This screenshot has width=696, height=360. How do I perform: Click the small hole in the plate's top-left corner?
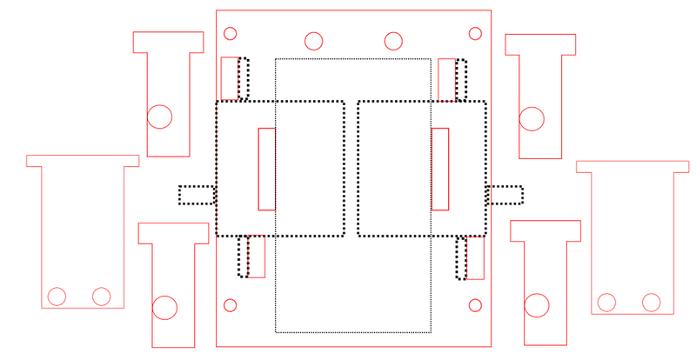pos(231,34)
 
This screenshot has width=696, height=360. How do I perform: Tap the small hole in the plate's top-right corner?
pos(475,34)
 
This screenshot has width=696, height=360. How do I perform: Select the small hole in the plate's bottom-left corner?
pos(231,305)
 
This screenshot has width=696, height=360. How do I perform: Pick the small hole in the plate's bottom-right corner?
pos(475,305)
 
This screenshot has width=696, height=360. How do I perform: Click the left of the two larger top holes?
pos(314,41)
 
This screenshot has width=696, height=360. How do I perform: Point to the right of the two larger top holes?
pos(393,41)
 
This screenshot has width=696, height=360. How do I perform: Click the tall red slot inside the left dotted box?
pos(267,169)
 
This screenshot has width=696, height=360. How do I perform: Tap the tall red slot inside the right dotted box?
pos(440,169)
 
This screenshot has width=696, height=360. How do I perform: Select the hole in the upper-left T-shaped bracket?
pos(159,117)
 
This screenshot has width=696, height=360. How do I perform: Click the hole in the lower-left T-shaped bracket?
pos(164,307)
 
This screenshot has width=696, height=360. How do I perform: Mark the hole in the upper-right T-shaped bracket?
pos(532,118)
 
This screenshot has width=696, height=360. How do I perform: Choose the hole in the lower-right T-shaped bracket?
pos(537,305)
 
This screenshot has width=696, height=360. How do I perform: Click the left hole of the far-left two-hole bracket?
pos(57,297)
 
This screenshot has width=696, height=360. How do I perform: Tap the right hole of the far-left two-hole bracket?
pos(101,297)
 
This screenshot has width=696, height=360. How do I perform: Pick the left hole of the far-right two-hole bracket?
pos(606,303)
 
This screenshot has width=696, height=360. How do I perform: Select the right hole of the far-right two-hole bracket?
pos(651,303)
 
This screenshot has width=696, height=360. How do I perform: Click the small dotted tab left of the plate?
pos(197,195)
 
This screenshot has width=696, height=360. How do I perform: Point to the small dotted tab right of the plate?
pos(505,195)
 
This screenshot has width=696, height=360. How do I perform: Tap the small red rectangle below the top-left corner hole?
pos(230,78)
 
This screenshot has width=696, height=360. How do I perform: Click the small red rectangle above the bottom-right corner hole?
pos(475,257)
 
